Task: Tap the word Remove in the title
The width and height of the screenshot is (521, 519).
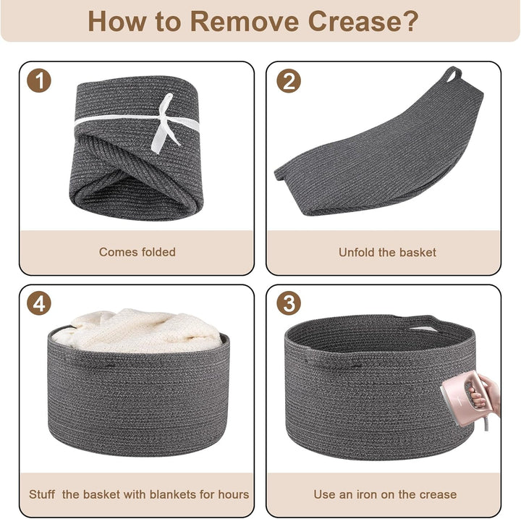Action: (x=245, y=21)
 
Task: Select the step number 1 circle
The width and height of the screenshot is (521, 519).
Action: (x=39, y=80)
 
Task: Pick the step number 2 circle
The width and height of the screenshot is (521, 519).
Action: (x=289, y=81)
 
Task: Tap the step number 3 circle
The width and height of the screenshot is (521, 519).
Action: (x=289, y=303)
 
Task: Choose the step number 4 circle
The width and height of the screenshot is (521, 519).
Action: (x=39, y=303)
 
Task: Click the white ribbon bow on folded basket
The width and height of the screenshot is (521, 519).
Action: (x=166, y=123)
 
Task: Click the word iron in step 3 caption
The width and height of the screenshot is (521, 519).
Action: (x=367, y=494)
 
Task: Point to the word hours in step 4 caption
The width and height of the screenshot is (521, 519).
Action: (x=234, y=494)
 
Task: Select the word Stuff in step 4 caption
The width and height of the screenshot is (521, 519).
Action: (x=42, y=494)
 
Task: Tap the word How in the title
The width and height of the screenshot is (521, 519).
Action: (x=117, y=21)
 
